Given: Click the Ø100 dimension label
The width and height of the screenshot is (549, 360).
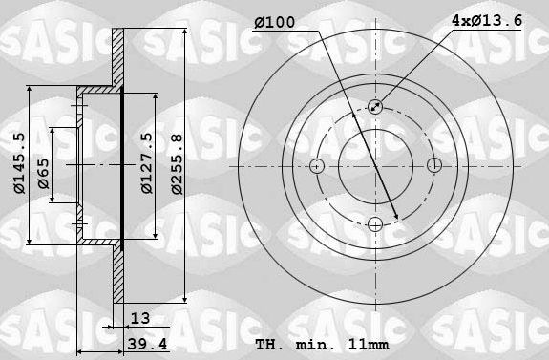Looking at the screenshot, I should click(276, 22).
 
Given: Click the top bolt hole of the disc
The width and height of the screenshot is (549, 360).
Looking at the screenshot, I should click(374, 107).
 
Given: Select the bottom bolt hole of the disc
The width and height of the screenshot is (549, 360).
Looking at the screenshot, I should click(374, 224).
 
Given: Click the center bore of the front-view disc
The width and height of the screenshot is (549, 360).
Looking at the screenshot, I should click(374, 165).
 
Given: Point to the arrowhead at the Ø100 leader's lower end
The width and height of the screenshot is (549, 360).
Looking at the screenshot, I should click(396, 216).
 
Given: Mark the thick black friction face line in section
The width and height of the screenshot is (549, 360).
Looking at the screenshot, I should click(124, 164).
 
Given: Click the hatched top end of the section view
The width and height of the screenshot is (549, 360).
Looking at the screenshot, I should click(118, 57).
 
